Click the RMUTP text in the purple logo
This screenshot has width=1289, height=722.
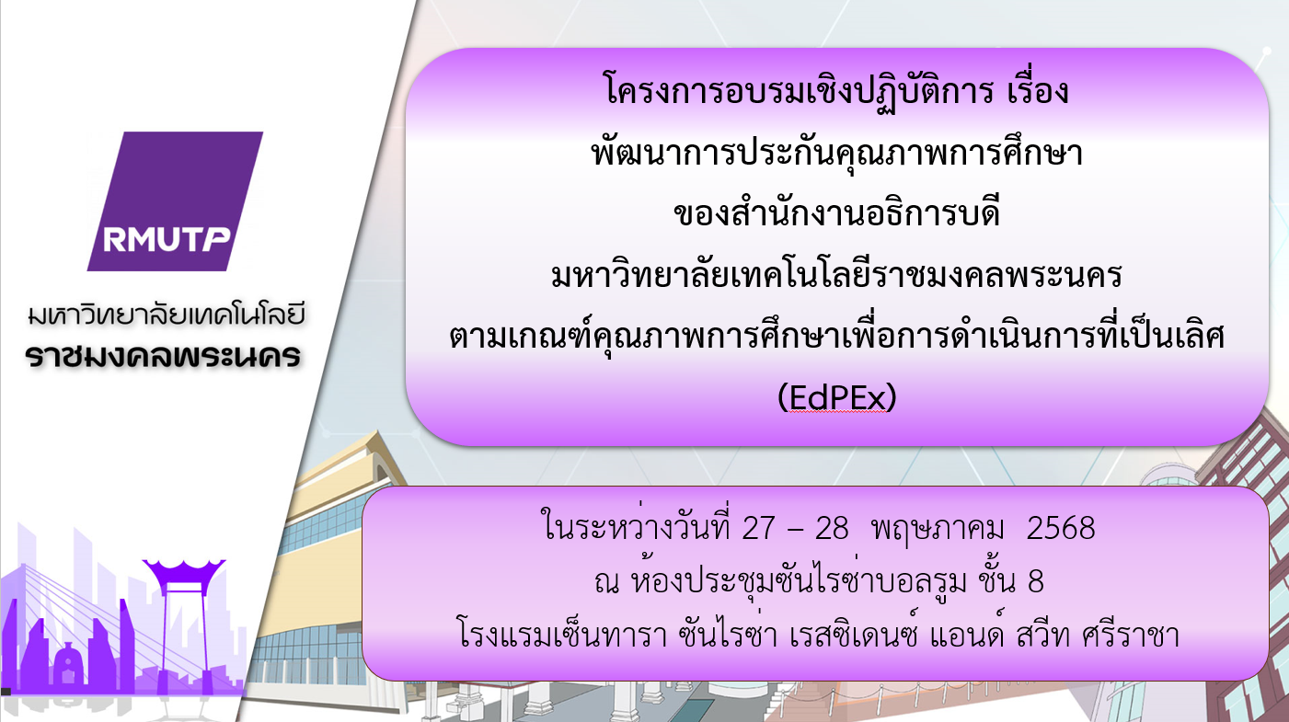click(x=167, y=239)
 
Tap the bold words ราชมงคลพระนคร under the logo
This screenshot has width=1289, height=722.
click(x=164, y=356)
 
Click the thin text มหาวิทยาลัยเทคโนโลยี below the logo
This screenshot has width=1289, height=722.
click(x=167, y=315)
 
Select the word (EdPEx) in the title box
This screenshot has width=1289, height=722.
click(x=836, y=397)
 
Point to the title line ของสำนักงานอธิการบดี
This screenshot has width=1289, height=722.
click(x=836, y=212)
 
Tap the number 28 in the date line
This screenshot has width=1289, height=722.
click(x=832, y=528)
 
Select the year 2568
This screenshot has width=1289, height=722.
click(x=1061, y=528)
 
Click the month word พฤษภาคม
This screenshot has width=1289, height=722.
click(x=938, y=529)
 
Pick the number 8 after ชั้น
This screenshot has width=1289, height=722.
click(x=1036, y=581)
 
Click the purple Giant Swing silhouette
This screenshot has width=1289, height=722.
click(x=184, y=623)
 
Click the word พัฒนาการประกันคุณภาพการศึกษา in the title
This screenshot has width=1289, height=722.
click(x=836, y=153)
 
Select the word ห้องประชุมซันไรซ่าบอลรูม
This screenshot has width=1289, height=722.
click(x=799, y=581)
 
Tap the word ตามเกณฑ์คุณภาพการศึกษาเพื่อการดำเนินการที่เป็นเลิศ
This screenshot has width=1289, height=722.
click(x=836, y=336)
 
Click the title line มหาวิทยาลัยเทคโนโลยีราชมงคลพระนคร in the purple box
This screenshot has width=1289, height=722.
click(x=836, y=274)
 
